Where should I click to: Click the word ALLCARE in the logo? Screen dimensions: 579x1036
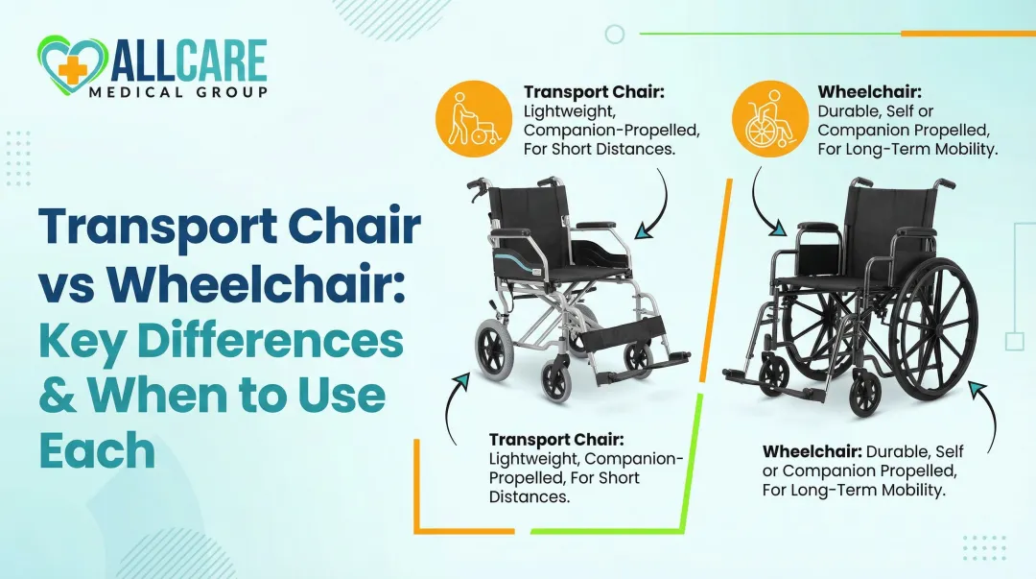tap(188, 60)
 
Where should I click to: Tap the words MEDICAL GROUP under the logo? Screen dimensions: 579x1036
tap(191, 91)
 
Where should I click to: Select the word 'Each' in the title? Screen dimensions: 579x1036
tap(97, 449)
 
